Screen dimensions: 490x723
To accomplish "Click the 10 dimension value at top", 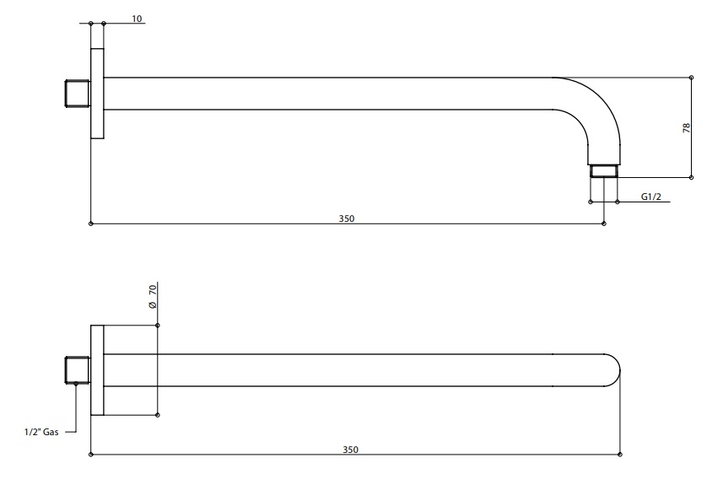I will pyautogui.click(x=138, y=18).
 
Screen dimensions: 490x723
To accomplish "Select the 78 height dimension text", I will pyautogui.click(x=687, y=127).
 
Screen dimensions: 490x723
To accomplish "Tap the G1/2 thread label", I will pyautogui.click(x=650, y=197).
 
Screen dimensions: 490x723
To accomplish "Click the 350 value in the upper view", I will pyautogui.click(x=347, y=218).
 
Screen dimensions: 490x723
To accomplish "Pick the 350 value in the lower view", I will pyautogui.click(x=350, y=450).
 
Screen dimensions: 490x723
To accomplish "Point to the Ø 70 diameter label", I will pyautogui.click(x=153, y=296).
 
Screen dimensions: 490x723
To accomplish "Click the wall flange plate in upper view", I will pyautogui.click(x=97, y=94).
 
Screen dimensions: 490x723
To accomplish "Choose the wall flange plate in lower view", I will pyautogui.click(x=97, y=370).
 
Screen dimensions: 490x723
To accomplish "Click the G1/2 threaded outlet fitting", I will pyautogui.click(x=604, y=171).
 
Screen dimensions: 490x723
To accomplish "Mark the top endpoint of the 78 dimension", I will pyautogui.click(x=691, y=78).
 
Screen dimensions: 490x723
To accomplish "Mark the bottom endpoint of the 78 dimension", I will pyautogui.click(x=691, y=178).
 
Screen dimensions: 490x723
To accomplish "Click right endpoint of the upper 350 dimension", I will pyautogui.click(x=604, y=223).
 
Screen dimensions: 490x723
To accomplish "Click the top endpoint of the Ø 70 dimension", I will pyautogui.click(x=158, y=326).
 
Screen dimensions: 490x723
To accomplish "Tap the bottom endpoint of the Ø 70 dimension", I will pyautogui.click(x=158, y=415).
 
